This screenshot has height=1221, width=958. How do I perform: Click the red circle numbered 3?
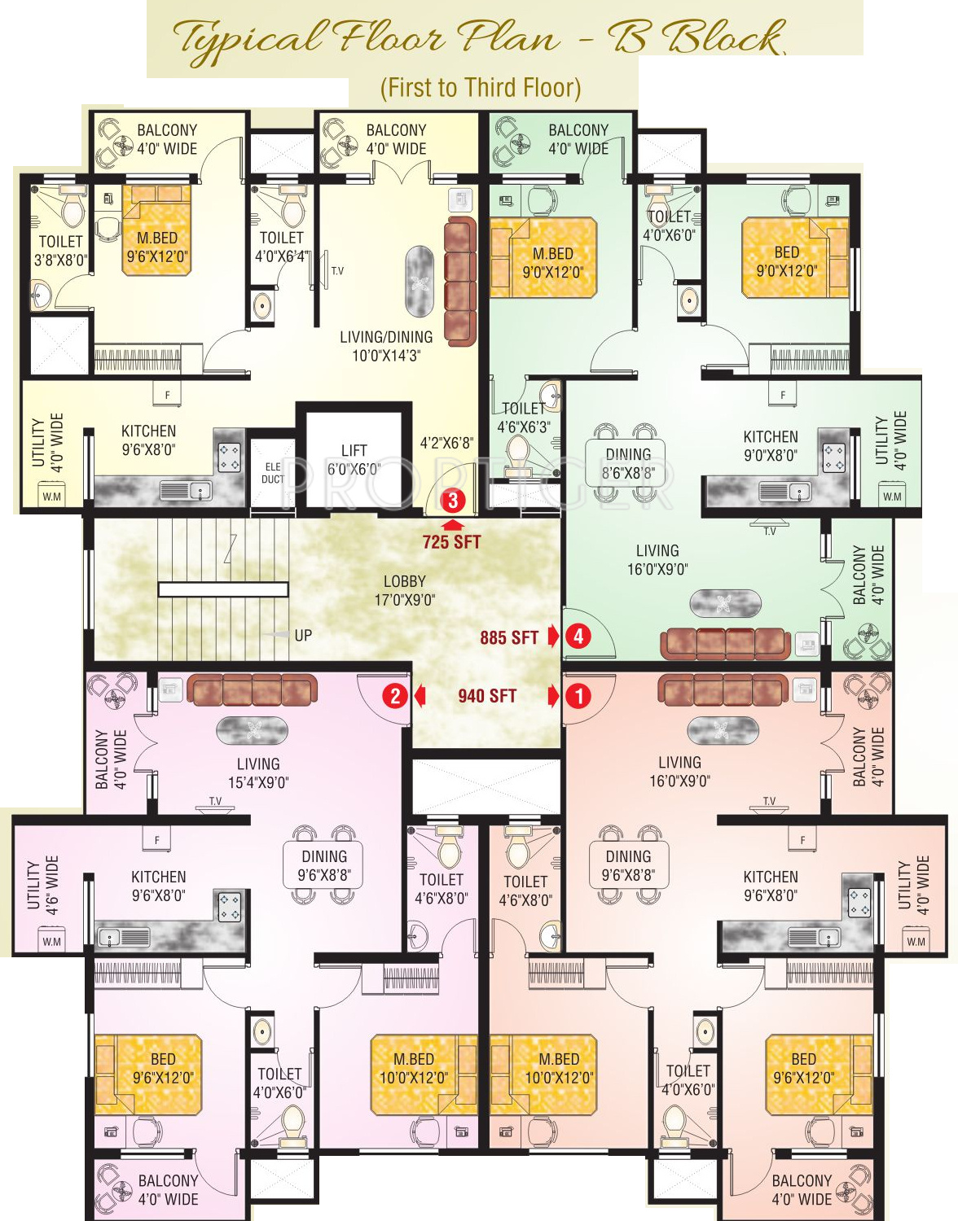point(453,501)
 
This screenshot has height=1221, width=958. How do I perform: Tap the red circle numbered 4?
point(578,636)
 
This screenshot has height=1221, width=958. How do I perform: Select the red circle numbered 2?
point(395,696)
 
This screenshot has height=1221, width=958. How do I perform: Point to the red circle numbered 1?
point(578,696)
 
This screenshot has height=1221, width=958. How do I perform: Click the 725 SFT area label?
point(451,542)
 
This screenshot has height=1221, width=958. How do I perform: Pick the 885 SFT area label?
point(509,638)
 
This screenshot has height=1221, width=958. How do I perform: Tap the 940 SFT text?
point(487,696)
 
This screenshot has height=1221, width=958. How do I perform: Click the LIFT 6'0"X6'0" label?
point(354,460)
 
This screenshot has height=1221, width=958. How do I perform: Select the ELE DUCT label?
point(273,473)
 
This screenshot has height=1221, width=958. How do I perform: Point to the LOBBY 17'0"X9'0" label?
point(405,591)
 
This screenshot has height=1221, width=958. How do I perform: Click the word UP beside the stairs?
point(303,636)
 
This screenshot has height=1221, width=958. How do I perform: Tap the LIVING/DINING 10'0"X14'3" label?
point(386,346)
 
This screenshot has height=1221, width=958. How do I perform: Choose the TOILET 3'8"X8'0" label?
point(60,251)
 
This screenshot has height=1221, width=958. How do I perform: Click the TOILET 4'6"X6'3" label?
point(524,418)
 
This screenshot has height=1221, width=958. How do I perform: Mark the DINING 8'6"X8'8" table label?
point(628,463)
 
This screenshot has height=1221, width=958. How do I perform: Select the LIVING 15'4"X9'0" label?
point(258,773)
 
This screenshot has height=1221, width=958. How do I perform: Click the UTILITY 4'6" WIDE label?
point(43,885)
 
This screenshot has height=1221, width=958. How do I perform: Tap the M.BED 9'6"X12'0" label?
point(157,247)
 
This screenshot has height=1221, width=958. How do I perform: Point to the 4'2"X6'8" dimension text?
point(446,444)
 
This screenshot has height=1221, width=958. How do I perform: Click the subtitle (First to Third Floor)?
point(481,88)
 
